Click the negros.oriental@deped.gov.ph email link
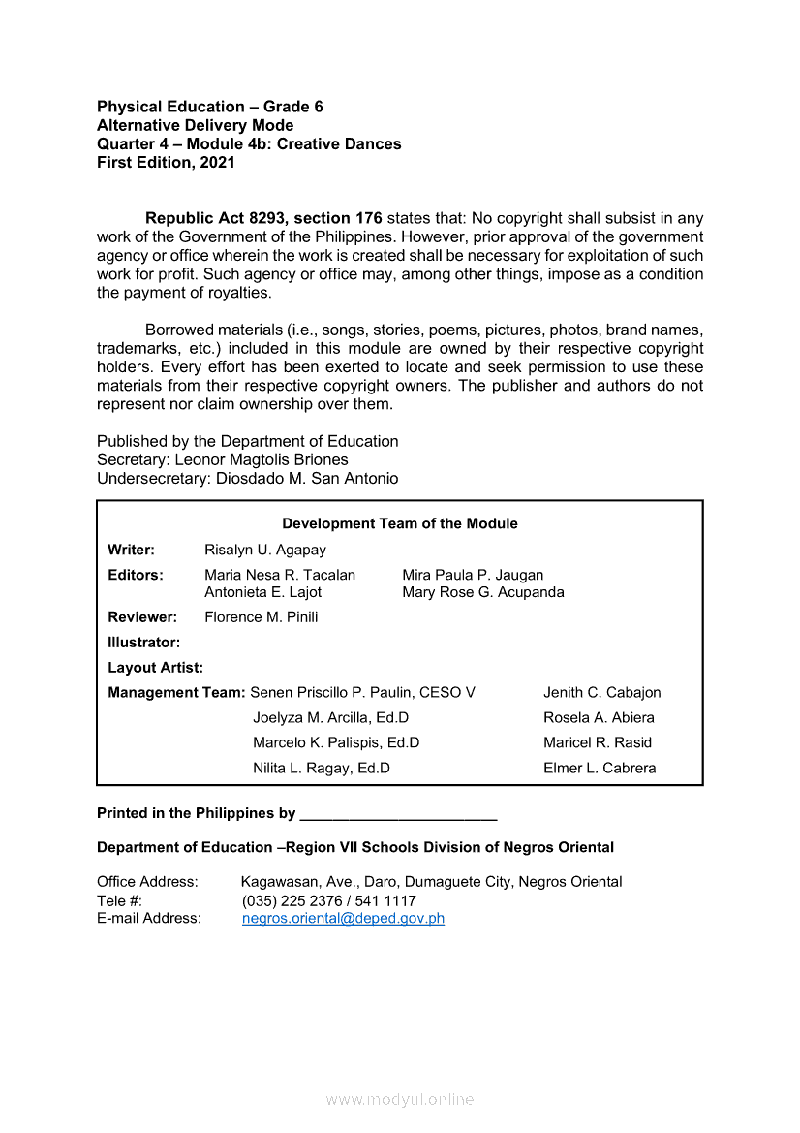(343, 919)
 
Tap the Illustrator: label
(143, 643)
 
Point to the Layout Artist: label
(155, 668)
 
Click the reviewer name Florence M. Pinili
(262, 617)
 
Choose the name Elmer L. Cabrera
(600, 769)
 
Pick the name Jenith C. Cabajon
(601, 693)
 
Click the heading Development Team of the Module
(399, 524)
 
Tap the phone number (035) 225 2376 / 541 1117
(329, 901)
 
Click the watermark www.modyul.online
(399, 1100)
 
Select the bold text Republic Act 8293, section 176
(263, 219)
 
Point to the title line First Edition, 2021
(166, 163)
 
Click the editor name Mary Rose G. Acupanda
(482, 592)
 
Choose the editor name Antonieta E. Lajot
(262, 592)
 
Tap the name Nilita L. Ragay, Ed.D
(322, 769)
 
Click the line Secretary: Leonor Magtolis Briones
(223, 460)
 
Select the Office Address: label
(147, 882)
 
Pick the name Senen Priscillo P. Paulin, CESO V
(362, 693)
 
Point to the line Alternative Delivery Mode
(195, 126)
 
